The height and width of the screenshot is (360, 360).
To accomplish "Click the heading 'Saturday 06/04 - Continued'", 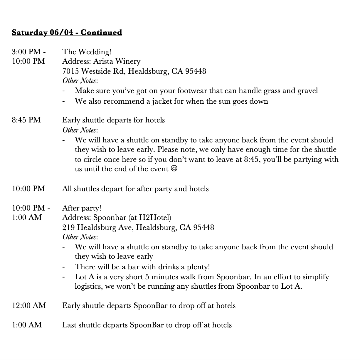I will pos(67,32).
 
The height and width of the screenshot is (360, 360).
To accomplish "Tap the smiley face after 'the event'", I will pos(174,169).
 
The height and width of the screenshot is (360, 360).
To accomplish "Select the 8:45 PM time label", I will pos(26,120).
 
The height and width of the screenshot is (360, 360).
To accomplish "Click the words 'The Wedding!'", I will pos(87,52).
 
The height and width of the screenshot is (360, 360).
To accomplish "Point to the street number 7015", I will pos(71,71).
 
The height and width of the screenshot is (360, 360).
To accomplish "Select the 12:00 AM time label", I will pos(29,306).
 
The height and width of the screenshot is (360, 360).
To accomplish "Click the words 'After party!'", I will pos(82,208).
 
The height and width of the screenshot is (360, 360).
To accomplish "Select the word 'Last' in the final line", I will pos(69,325).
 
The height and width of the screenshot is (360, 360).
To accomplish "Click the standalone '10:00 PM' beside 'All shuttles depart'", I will pos(28,189).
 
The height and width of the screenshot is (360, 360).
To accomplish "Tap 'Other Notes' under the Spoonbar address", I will pos(80,237).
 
